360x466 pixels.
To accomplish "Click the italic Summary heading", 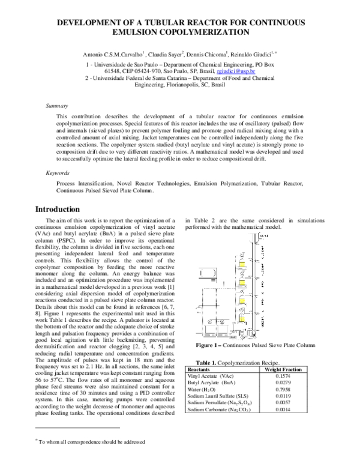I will [58, 106].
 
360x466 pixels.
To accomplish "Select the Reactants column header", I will [199, 353].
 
